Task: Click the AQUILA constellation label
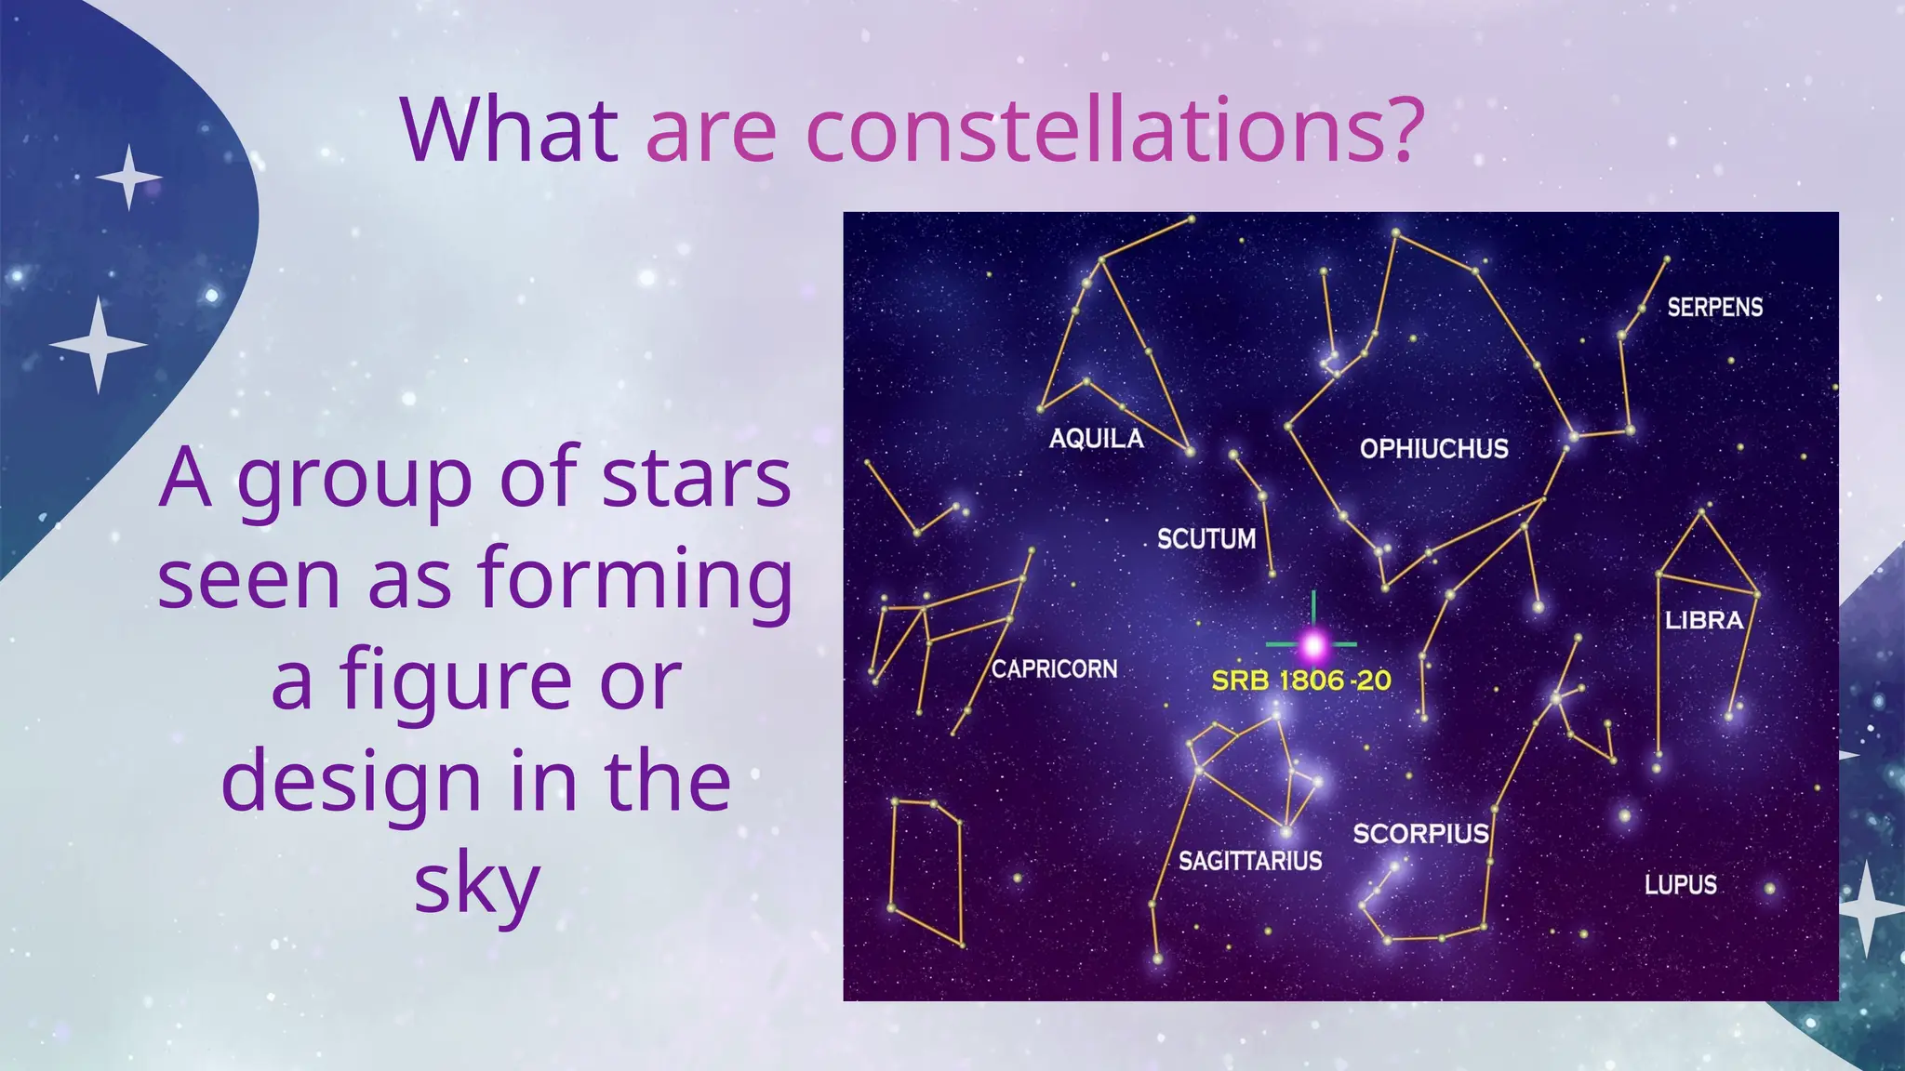coord(1096,438)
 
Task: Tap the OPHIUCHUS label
coord(1433,448)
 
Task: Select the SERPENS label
coord(1714,307)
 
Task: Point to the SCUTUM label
coord(1206,538)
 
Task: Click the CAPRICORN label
coord(1054,668)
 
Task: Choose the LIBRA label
coord(1703,620)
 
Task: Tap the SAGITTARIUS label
coord(1250,861)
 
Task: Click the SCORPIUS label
coord(1420,833)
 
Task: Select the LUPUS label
coord(1680,884)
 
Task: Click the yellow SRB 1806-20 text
coord(1300,681)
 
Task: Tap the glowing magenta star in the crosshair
coord(1313,643)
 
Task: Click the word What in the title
coord(510,130)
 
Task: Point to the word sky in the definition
coord(476,884)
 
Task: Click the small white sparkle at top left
coord(128,177)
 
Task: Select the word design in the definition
coord(352,782)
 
